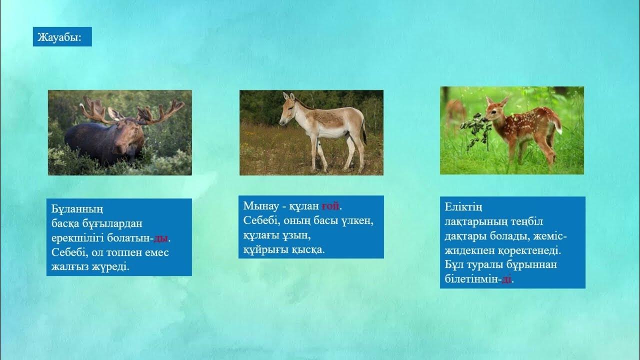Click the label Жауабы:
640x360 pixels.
(59, 37)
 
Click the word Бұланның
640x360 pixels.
(77, 209)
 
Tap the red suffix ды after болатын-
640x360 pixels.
(160, 238)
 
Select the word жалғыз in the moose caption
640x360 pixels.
(70, 267)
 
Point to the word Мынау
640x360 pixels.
(261, 206)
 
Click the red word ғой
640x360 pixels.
(330, 206)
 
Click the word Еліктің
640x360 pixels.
(463, 207)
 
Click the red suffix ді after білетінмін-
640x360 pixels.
(506, 279)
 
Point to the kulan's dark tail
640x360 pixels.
(364, 131)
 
